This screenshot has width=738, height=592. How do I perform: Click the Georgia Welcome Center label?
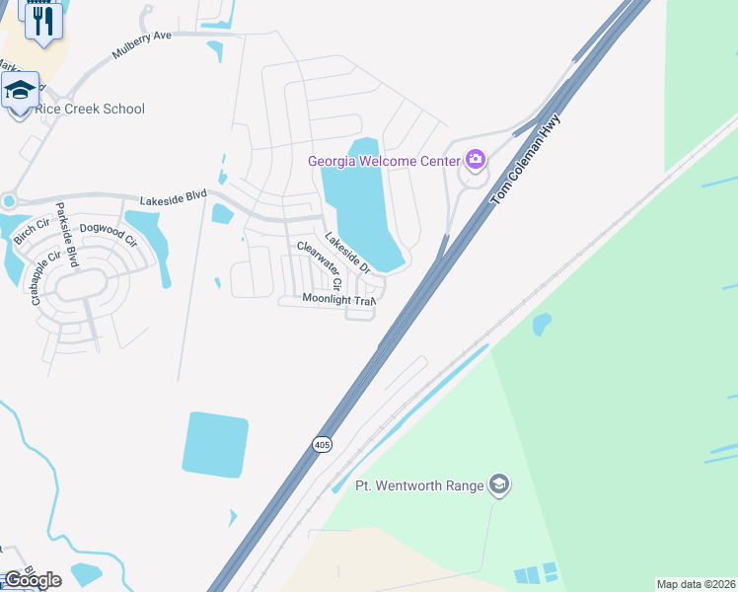pos(384,161)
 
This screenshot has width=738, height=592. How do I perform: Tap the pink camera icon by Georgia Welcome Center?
pos(476,159)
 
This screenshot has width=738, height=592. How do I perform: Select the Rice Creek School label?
pos(90,110)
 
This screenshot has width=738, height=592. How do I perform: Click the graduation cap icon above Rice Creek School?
pos(20,91)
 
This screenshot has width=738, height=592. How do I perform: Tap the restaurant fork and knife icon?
pos(42,22)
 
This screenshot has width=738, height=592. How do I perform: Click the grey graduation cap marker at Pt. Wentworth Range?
pos(499,483)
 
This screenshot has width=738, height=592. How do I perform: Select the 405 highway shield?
pos(322,445)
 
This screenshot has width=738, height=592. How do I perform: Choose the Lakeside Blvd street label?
pos(173,197)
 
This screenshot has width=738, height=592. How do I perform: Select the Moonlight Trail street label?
pos(338,298)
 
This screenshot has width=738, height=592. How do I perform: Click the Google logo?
pos(32,580)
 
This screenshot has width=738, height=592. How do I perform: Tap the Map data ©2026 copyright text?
pos(696,584)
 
